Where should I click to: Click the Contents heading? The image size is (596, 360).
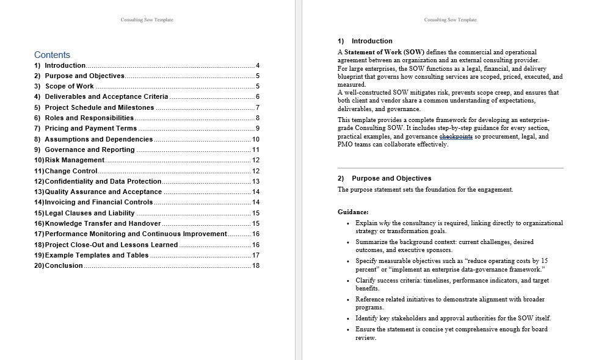tap(52, 54)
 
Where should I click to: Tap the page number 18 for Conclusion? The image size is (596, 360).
tap(256, 265)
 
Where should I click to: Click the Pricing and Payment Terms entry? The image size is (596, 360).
tap(90, 129)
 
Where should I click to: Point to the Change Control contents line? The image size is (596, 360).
tap(71, 171)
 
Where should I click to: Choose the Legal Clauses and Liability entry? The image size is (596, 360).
tap(89, 213)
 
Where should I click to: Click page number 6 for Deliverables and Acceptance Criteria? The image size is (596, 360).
tap(258, 97)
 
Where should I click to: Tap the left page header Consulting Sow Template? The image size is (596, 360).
tap(147, 20)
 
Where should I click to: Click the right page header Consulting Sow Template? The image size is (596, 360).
tap(451, 20)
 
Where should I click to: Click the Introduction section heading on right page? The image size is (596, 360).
tap(372, 41)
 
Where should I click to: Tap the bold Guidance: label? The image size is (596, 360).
tap(353, 212)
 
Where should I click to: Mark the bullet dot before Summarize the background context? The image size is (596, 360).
tap(348, 242)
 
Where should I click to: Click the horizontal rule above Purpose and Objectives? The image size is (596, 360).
tap(450, 168)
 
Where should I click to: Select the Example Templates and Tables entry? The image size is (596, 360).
tap(96, 255)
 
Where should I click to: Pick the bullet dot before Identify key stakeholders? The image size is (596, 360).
tap(348, 319)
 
